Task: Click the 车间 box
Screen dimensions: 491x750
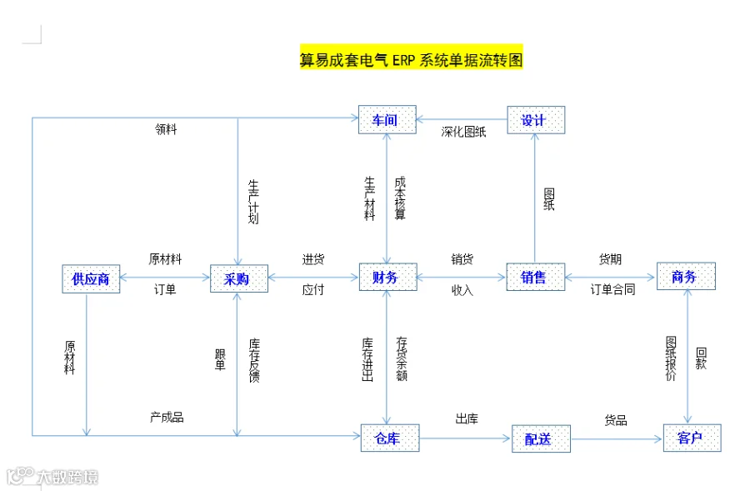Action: (x=387, y=120)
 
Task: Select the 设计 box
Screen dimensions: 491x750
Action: (x=536, y=120)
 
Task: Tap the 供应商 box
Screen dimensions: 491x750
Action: (x=91, y=278)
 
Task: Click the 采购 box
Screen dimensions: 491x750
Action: (x=238, y=278)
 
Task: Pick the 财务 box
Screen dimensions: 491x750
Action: (x=387, y=277)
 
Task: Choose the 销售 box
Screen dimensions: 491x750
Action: (x=535, y=277)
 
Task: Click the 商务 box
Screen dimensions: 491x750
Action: (x=685, y=276)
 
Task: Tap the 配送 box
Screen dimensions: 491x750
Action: (x=541, y=438)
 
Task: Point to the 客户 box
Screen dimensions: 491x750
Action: (x=692, y=438)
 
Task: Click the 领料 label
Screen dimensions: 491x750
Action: (x=166, y=129)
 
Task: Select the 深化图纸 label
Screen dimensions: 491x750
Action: (x=463, y=132)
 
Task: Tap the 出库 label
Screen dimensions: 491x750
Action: (x=467, y=418)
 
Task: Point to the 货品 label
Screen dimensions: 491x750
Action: (x=616, y=420)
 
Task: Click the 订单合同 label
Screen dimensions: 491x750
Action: (x=612, y=290)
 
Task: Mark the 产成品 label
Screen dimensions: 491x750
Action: (x=167, y=417)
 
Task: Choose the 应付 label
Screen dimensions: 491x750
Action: (x=313, y=290)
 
